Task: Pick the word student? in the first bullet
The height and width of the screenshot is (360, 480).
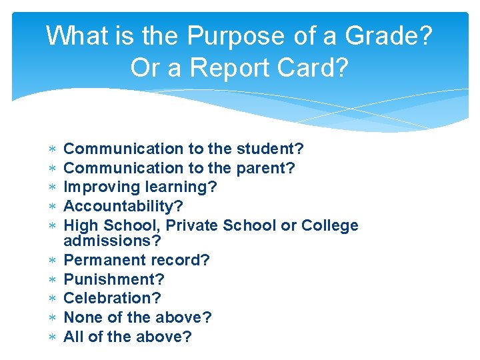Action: tap(267, 149)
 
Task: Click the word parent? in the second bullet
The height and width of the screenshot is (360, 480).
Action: tap(262, 168)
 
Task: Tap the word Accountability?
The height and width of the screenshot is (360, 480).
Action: tap(123, 207)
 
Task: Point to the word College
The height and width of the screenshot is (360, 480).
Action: tap(330, 226)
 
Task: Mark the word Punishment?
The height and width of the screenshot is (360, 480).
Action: tap(113, 279)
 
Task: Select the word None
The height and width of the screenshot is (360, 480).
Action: tap(81, 318)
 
